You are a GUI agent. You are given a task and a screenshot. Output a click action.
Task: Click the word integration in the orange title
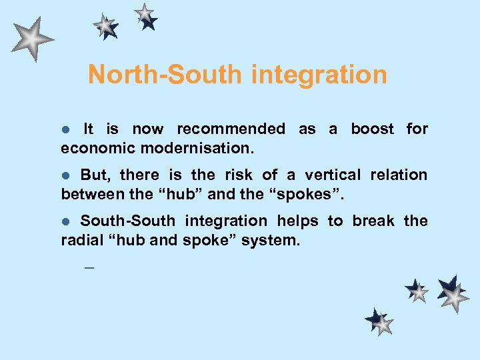(x=319, y=74)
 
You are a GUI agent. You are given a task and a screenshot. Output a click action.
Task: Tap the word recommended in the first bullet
(x=231, y=129)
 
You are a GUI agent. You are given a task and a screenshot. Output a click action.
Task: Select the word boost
(x=373, y=129)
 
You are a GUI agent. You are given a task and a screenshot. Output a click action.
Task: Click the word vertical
(x=333, y=175)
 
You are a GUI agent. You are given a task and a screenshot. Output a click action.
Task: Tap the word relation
(x=399, y=175)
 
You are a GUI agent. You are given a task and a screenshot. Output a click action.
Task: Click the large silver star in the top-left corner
(x=31, y=38)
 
